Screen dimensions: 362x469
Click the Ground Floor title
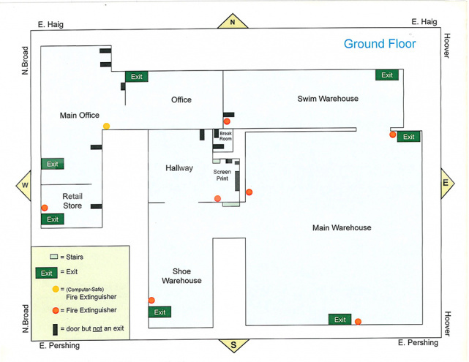tap(380, 44)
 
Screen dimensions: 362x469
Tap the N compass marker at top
tap(233, 22)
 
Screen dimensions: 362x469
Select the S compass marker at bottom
tap(233, 345)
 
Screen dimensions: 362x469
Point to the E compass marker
tap(445, 184)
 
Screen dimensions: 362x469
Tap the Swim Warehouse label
tap(328, 99)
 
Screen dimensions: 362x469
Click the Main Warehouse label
tap(342, 228)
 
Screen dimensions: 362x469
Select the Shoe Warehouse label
tap(181, 276)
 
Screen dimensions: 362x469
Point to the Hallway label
tap(179, 168)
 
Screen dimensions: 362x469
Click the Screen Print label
tap(222, 174)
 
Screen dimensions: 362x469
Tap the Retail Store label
tap(72, 201)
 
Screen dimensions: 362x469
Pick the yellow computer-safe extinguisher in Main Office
tap(107, 127)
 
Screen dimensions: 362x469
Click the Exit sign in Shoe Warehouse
tap(160, 312)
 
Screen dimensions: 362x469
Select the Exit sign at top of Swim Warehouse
tap(387, 75)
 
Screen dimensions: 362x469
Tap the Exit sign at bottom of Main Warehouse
tap(339, 320)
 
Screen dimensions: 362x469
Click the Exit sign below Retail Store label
tap(52, 219)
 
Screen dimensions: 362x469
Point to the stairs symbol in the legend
tap(53, 257)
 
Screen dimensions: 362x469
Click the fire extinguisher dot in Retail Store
tap(45, 208)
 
